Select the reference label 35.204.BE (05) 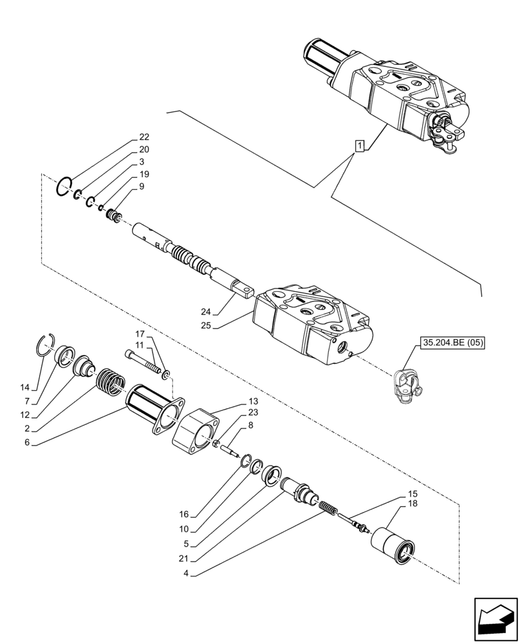pyautogui.click(x=453, y=343)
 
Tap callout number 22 pyautogui.click(x=144, y=137)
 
